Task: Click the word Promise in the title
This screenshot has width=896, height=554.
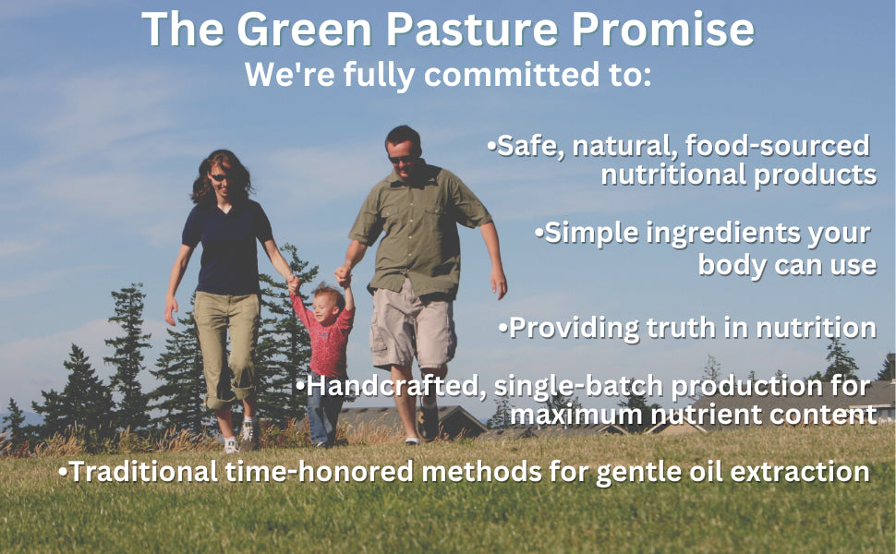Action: [663, 30]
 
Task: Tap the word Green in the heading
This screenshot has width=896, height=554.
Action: [305, 30]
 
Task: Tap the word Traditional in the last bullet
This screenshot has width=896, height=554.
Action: [143, 472]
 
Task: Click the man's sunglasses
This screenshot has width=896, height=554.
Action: [403, 158]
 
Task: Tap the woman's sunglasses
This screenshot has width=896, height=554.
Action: [219, 177]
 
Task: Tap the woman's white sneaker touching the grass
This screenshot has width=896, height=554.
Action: [232, 444]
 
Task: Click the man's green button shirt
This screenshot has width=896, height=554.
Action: [418, 232]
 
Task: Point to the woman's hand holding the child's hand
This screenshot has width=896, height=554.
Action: [293, 283]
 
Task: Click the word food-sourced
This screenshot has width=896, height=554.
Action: [777, 146]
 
